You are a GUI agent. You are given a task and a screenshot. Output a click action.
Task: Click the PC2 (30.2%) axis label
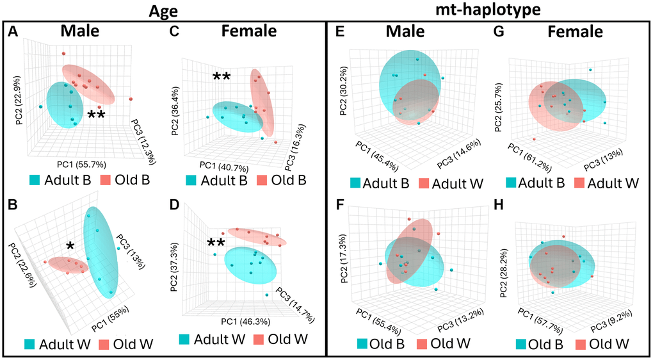pos(343,76)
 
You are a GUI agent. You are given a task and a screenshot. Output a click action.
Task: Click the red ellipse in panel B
pos(67,264)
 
